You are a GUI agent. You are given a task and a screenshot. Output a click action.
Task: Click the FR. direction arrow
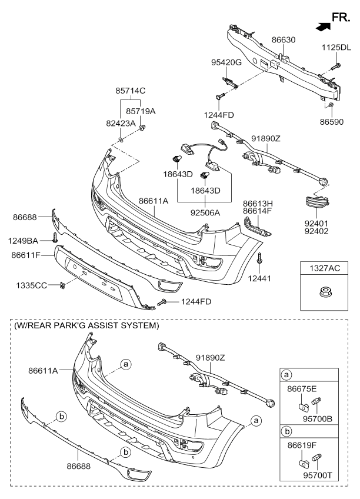(323, 25)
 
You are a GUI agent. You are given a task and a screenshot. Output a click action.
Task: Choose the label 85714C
(130, 91)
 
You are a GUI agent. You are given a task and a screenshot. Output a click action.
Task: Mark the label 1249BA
(24, 240)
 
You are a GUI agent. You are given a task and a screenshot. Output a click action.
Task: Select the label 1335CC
(32, 285)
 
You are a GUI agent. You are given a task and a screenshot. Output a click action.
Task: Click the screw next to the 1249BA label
(54, 238)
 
